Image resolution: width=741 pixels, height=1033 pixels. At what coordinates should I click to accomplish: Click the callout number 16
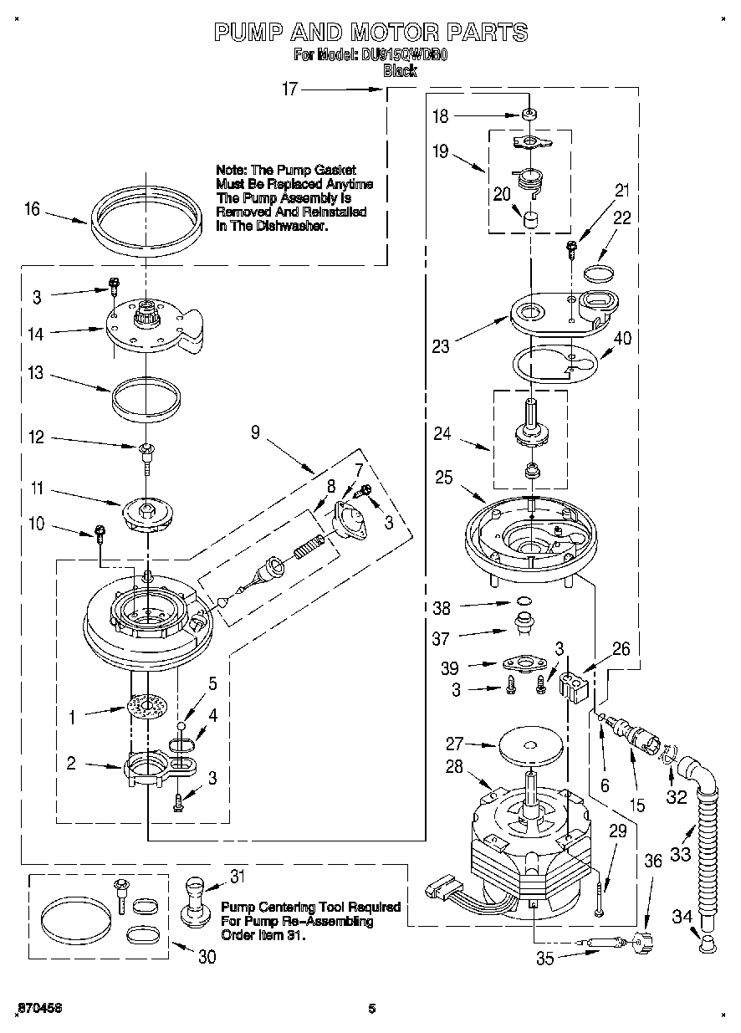pos(32,208)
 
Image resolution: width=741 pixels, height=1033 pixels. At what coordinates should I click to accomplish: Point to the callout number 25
pos(444,477)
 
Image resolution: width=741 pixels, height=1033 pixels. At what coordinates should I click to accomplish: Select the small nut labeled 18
pos(529,115)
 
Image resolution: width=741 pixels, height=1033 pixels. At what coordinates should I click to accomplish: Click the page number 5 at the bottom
pos(371,1008)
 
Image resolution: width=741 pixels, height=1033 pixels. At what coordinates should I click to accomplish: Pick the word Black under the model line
pos(399,72)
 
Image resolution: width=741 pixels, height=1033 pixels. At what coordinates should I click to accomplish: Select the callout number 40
pos(622,339)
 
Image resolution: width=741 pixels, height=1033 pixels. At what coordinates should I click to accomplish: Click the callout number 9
pos(255,432)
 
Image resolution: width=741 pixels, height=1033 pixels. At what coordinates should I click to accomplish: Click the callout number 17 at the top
pos(289,90)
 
